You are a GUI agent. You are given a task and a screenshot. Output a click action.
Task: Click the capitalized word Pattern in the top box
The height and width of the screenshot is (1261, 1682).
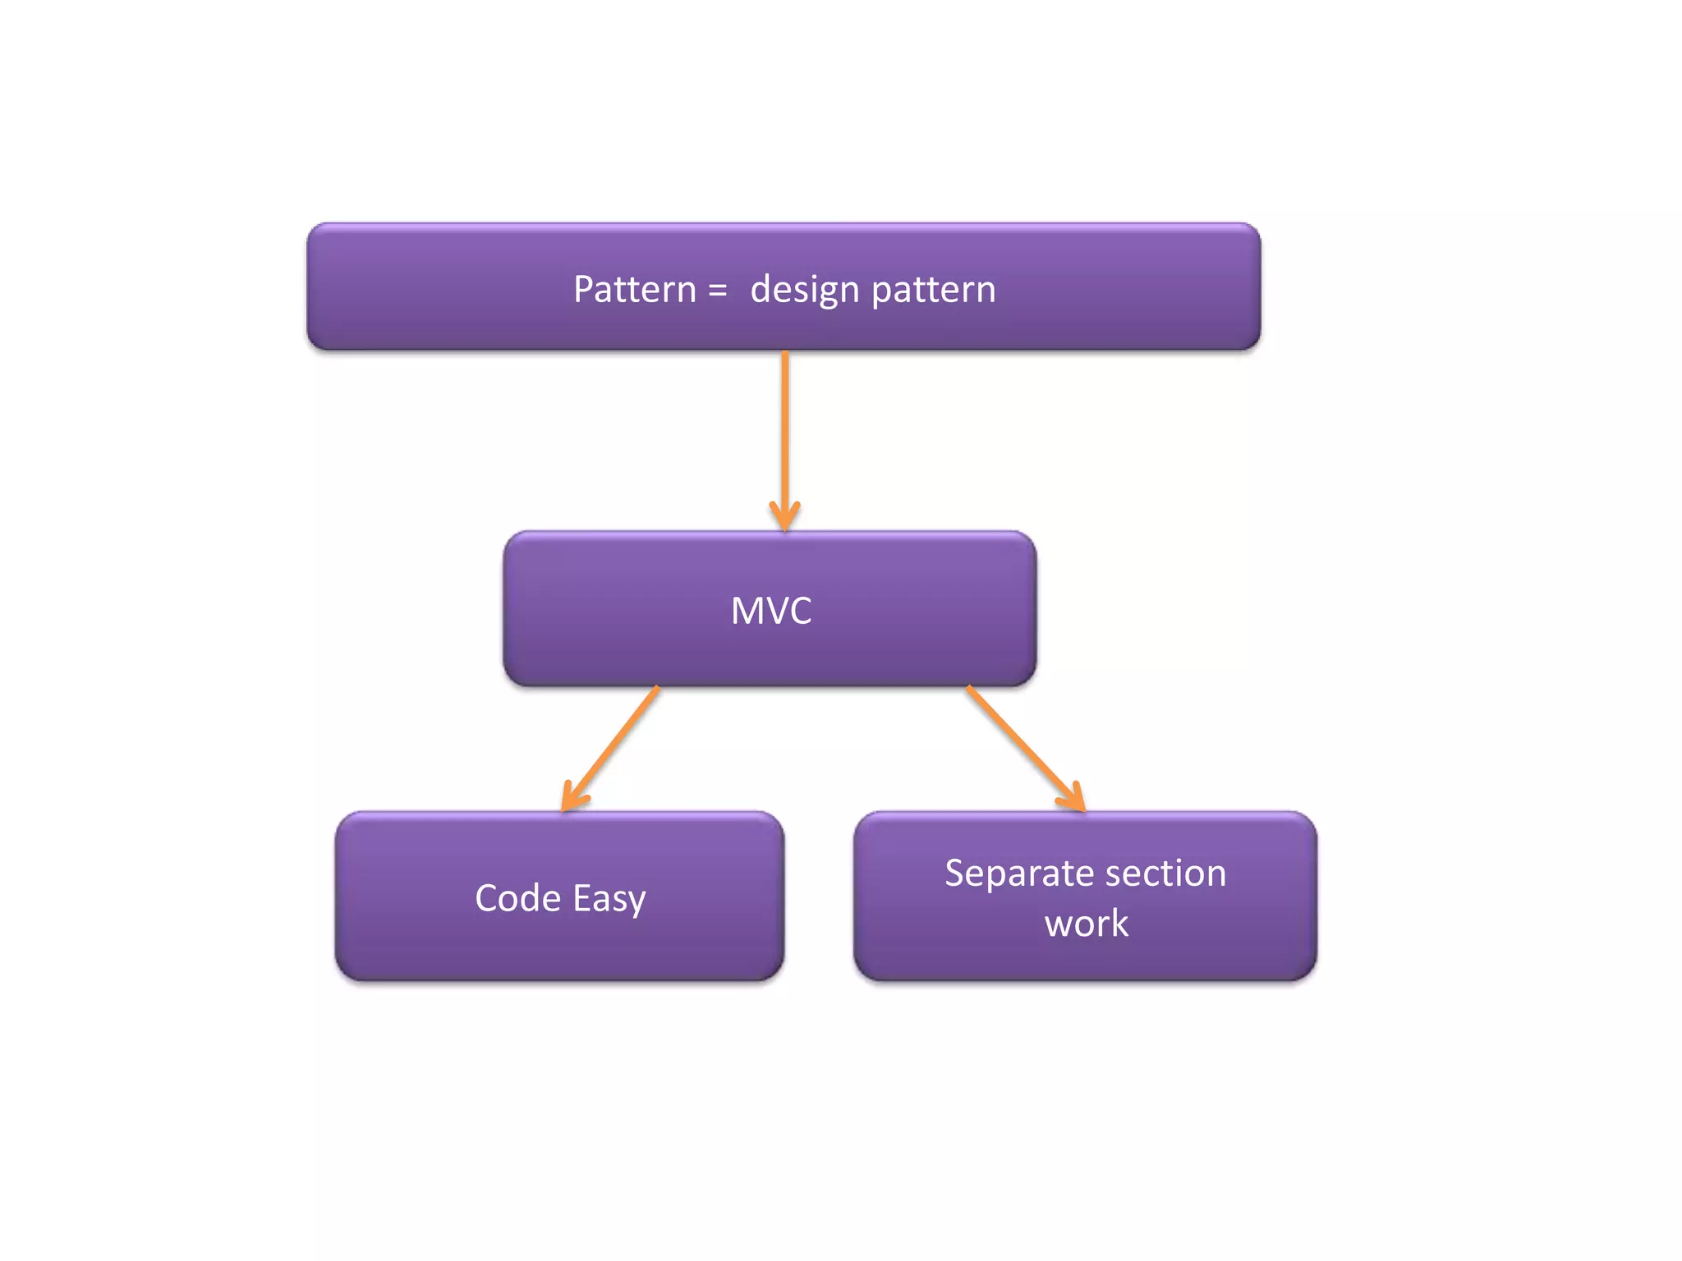634,290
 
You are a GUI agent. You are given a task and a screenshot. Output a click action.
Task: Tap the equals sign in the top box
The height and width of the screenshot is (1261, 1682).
717,290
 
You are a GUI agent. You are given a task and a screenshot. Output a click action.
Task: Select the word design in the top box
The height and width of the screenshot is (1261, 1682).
804,290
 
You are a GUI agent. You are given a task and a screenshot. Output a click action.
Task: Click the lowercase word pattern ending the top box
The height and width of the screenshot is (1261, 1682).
933,290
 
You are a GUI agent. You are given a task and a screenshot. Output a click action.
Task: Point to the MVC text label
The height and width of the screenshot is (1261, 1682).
771,611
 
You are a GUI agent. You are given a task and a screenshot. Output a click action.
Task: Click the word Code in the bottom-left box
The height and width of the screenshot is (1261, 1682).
517,898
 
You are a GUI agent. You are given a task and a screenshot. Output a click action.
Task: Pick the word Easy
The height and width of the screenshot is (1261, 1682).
609,898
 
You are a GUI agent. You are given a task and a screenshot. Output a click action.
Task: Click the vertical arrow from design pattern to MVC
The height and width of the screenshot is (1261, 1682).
785,427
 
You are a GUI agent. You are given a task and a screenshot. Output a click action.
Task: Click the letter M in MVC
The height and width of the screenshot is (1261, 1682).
747,611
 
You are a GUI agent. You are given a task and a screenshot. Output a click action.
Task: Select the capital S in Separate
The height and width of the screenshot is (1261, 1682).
954,874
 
